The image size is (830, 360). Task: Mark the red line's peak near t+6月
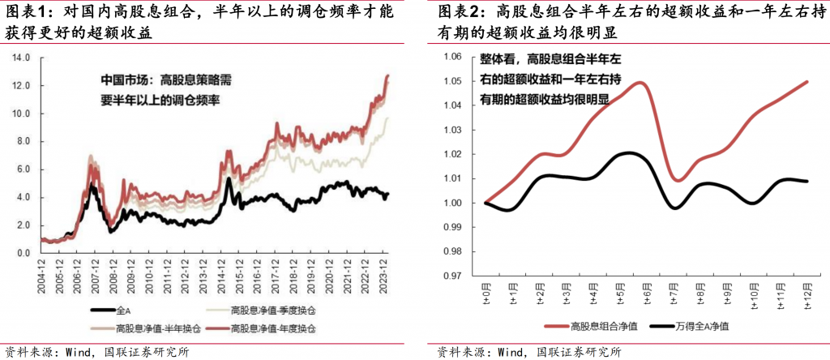click(x=640, y=82)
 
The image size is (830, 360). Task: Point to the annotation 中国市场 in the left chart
click(x=123, y=79)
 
